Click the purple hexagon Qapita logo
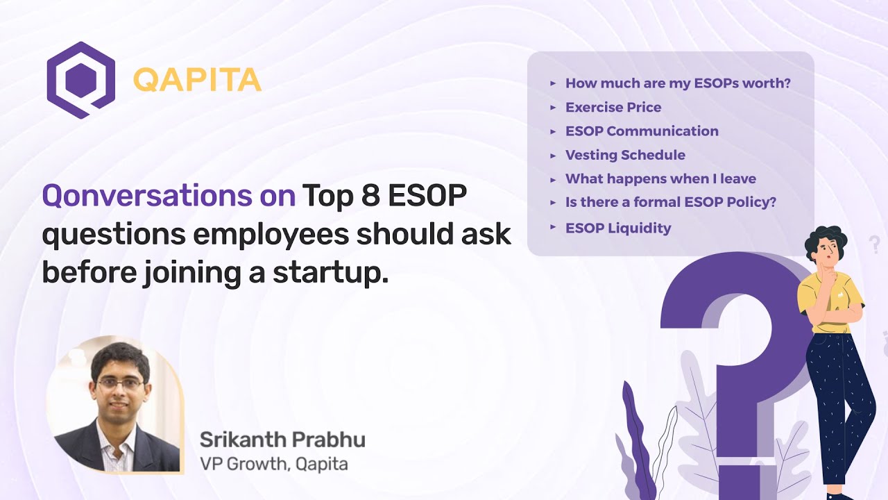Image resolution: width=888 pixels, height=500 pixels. pyautogui.click(x=80, y=80)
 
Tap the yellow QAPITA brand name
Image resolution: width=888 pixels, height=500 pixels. pyautogui.click(x=197, y=81)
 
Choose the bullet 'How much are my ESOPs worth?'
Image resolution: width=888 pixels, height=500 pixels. pyautogui.click(x=678, y=83)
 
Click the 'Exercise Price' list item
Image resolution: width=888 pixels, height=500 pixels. pyautogui.click(x=613, y=107)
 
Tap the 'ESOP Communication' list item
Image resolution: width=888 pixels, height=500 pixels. pyautogui.click(x=642, y=131)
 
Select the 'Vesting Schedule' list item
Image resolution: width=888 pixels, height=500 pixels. pyautogui.click(x=625, y=155)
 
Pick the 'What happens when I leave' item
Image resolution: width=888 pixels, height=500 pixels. pyautogui.click(x=660, y=178)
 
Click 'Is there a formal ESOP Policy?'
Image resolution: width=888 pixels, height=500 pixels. pyautogui.click(x=670, y=202)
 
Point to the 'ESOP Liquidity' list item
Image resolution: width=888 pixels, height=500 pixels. pyautogui.click(x=618, y=228)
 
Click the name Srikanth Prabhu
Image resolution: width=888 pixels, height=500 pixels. pyautogui.click(x=282, y=440)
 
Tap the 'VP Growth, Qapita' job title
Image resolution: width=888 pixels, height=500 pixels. pyautogui.click(x=273, y=464)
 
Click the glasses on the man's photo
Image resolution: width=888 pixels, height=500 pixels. pyautogui.click(x=121, y=383)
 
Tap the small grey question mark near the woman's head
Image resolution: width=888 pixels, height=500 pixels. pyautogui.click(x=874, y=244)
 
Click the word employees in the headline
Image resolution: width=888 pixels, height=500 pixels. pyautogui.click(x=271, y=235)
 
